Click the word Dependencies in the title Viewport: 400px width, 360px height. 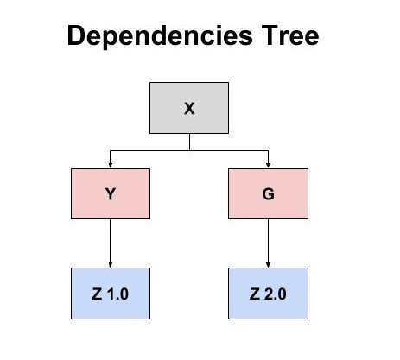pyautogui.click(x=160, y=36)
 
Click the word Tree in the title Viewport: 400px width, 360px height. pyautogui.click(x=290, y=35)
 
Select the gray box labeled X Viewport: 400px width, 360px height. pyautogui.click(x=189, y=108)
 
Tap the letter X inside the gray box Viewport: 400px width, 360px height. pyautogui.click(x=189, y=109)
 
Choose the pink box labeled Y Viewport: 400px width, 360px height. pyautogui.click(x=111, y=193)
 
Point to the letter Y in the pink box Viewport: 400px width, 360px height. pyautogui.click(x=111, y=194)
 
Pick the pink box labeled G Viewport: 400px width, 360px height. pyautogui.click(x=268, y=193)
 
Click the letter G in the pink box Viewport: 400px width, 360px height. pyautogui.click(x=268, y=194)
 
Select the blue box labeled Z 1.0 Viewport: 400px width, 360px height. pyautogui.click(x=111, y=294)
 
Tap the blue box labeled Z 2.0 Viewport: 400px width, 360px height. pyautogui.click(x=268, y=294)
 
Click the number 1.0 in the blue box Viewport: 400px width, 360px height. pyautogui.click(x=117, y=294)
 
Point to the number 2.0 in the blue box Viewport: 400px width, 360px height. pyautogui.click(x=276, y=294)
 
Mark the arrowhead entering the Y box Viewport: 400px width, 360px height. pyautogui.click(x=110, y=166)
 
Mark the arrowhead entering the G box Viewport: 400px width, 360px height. pyautogui.click(x=268, y=166)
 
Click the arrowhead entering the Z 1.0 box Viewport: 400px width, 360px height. pyautogui.click(x=110, y=265)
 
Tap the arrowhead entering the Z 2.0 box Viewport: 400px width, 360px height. pyautogui.click(x=268, y=265)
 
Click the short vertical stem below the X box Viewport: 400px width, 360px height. pyautogui.click(x=189, y=142)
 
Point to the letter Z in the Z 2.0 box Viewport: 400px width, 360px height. pyautogui.click(x=255, y=294)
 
